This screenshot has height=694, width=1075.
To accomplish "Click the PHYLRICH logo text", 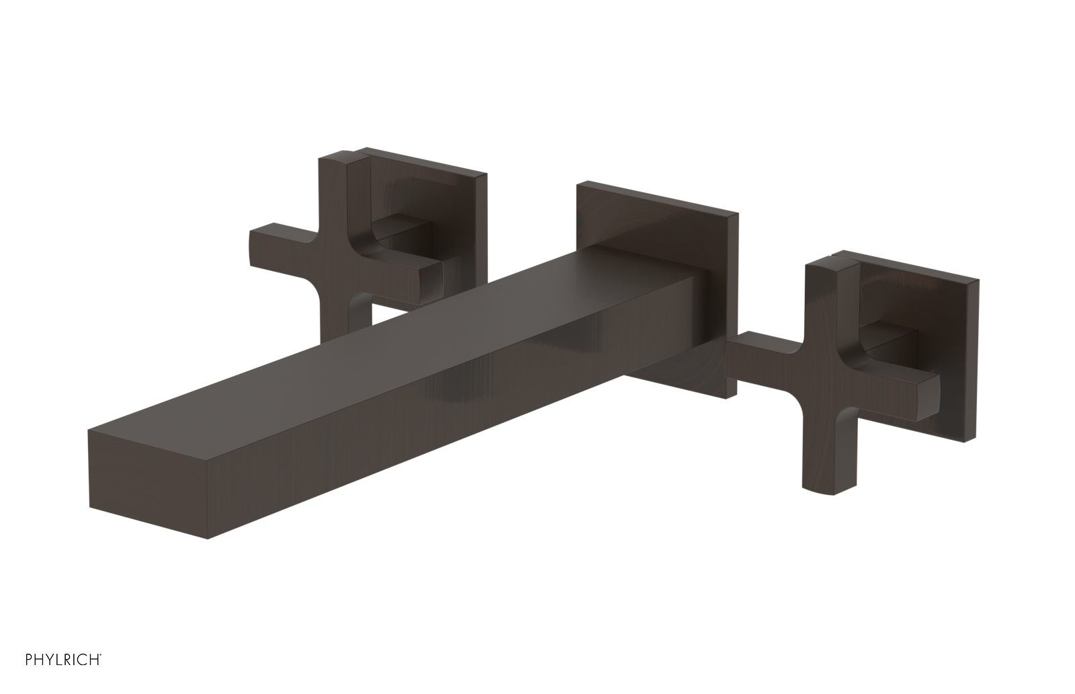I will pos(52,677).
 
